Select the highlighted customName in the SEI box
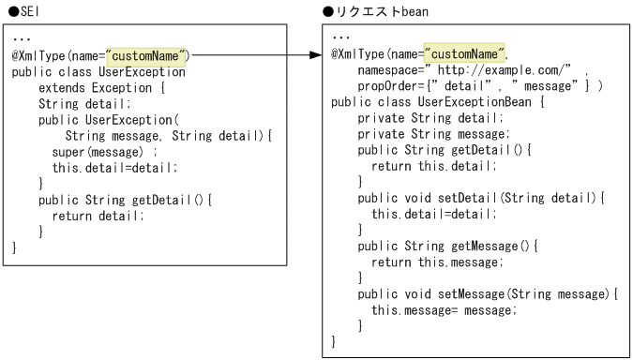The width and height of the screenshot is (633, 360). click(148, 56)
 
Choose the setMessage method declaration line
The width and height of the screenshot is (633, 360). click(489, 293)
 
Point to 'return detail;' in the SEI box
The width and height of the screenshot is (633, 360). click(98, 216)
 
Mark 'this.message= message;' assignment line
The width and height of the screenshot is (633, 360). click(445, 309)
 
